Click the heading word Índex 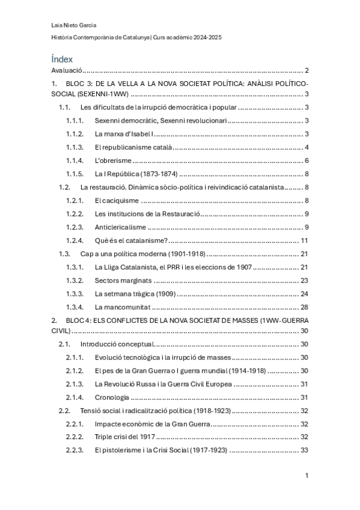pos(63,59)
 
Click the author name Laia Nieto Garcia pos(75,25)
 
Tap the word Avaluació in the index pos(66,71)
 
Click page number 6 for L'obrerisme pos(307,161)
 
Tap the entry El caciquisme pos(117,200)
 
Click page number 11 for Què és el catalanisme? pos(305,240)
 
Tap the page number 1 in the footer pos(307,476)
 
